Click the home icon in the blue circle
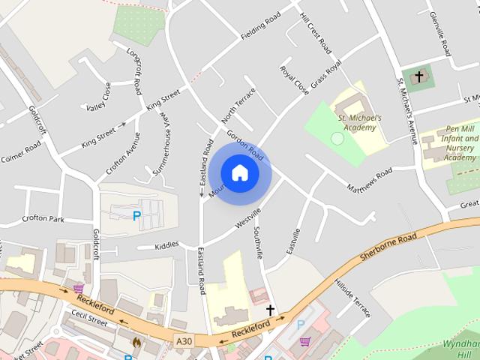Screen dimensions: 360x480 coord(239,172)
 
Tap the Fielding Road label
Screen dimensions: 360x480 coord(260,26)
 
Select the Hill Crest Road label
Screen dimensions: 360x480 coord(315,32)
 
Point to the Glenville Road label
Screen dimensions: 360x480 coord(437,33)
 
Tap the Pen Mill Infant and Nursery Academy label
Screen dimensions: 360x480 coord(460,143)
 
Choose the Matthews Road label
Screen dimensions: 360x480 coord(369,179)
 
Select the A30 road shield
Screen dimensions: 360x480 coord(183,342)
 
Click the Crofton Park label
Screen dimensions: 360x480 coord(44,219)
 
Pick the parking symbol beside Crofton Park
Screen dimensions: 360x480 coord(136,216)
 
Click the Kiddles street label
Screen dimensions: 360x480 coord(166,244)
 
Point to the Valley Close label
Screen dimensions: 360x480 coord(98,97)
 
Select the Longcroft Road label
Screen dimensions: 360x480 coord(134,72)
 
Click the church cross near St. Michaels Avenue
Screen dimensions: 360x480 coord(418,77)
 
